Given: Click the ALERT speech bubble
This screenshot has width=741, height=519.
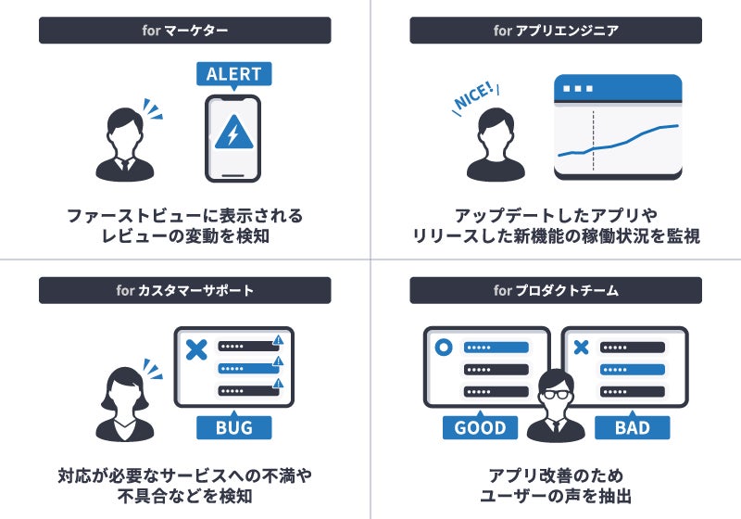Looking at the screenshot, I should tap(233, 74).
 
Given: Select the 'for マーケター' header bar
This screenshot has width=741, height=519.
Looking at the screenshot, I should tap(184, 31).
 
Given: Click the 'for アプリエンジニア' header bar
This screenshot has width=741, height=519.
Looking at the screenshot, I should tap(556, 31).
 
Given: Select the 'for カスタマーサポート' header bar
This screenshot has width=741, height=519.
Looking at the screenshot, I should tap(184, 290).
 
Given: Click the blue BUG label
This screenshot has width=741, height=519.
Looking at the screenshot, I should tap(233, 427).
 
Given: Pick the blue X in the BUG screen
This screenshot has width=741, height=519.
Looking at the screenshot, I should tap(195, 349).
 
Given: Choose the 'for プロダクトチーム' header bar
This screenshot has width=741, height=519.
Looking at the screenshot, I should tap(556, 290).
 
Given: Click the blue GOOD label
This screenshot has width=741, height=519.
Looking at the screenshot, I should tap(480, 427).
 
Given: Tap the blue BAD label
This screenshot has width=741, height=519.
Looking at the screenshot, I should tap(632, 427).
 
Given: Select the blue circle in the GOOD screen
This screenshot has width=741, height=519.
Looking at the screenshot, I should tap(444, 348).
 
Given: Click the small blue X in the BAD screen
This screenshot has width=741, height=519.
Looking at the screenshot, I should tap(582, 348).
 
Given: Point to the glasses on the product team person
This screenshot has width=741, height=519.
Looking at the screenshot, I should tap(556, 393).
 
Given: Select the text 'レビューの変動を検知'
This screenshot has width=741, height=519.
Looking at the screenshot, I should tap(184, 236).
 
